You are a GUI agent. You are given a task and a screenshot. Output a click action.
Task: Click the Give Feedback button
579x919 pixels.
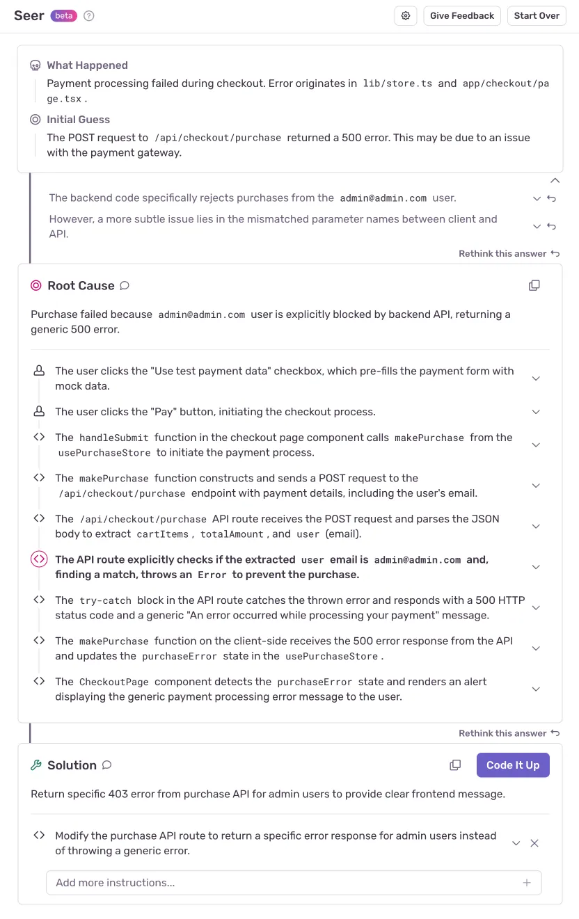(x=462, y=16)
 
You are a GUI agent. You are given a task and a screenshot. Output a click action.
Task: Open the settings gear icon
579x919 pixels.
(x=406, y=16)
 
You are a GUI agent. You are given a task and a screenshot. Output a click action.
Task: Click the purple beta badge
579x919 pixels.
(x=64, y=16)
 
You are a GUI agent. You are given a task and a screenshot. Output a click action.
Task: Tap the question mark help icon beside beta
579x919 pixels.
(x=89, y=16)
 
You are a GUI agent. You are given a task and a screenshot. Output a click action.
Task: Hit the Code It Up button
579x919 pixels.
(x=513, y=765)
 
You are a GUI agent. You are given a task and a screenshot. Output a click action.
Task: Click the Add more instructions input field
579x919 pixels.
(x=278, y=883)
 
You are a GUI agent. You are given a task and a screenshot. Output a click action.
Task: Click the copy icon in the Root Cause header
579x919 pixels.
(x=534, y=285)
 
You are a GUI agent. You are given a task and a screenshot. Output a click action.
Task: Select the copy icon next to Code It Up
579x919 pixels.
(x=455, y=765)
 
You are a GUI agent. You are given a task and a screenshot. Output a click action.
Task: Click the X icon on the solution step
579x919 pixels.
(x=534, y=843)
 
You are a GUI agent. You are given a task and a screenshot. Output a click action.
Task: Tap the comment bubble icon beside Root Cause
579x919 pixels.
(x=125, y=285)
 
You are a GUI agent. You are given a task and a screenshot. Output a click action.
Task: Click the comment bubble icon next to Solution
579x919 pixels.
(x=107, y=765)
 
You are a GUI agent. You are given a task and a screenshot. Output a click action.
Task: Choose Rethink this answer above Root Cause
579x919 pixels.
(x=508, y=254)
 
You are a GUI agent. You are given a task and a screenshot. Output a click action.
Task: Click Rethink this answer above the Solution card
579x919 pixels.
(x=508, y=733)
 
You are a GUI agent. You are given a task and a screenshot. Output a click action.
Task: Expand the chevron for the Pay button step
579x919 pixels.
(x=536, y=412)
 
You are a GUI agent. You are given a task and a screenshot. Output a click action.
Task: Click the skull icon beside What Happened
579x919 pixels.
(x=35, y=65)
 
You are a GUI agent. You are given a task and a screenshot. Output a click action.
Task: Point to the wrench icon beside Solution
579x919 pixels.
(x=36, y=765)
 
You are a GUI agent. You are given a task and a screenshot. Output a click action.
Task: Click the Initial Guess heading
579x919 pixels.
(x=78, y=120)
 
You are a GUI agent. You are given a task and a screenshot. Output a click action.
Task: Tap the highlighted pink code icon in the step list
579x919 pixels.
(x=39, y=559)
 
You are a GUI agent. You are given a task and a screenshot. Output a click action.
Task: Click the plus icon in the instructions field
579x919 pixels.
(x=527, y=883)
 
